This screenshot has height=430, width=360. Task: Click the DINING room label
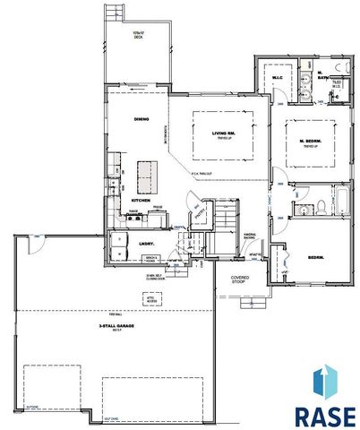[x=141, y=119]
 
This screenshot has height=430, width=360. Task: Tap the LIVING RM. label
[x=224, y=135]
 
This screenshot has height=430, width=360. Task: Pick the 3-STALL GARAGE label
[x=116, y=326]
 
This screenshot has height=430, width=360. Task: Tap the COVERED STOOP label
[x=239, y=279]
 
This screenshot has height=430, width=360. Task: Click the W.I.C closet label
[x=278, y=79]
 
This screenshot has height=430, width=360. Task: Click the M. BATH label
[x=322, y=76]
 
